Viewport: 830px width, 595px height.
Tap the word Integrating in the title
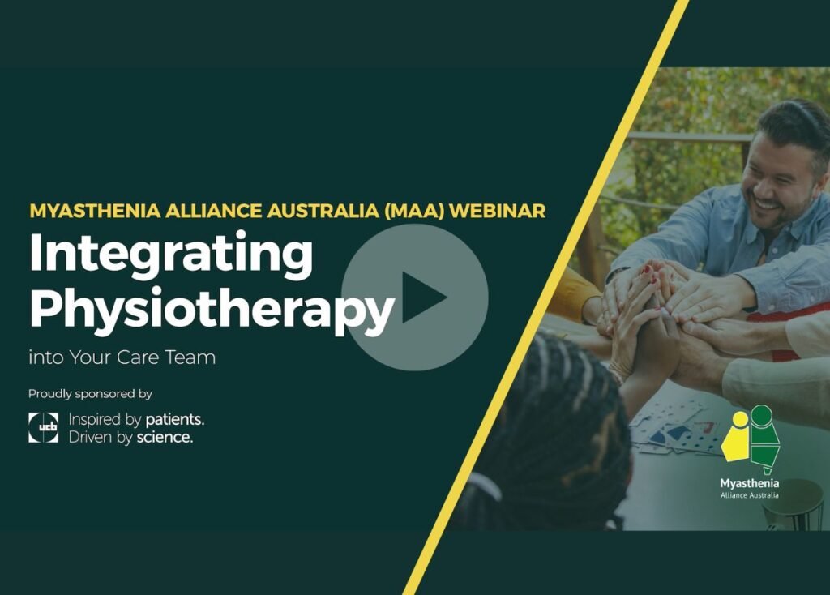[x=170, y=254]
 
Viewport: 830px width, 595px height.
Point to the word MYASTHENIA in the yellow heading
[x=88, y=211]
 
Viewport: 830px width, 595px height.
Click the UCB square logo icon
[x=43, y=427]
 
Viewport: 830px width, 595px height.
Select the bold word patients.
[x=174, y=420]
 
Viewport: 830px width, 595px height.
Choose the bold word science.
[x=164, y=438]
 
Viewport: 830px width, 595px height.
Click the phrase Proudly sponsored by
[x=90, y=394]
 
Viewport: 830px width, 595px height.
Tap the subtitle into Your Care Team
[x=122, y=357]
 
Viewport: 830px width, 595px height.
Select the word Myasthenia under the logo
[x=750, y=483]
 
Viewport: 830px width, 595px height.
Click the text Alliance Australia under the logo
[x=750, y=495]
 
